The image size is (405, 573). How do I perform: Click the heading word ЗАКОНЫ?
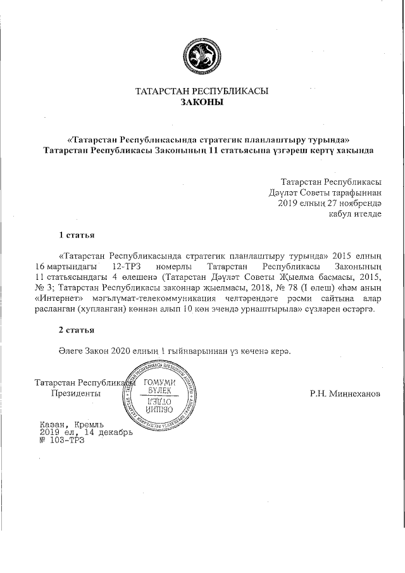point(202,101)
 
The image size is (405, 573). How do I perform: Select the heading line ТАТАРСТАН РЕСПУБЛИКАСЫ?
point(202,91)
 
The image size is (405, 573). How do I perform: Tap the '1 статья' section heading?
point(77,236)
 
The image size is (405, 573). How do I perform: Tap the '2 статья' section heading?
point(77,330)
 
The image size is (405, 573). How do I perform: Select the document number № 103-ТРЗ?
point(61,441)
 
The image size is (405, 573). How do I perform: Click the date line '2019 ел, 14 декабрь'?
point(86,432)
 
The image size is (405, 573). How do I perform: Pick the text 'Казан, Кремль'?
point(72,424)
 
